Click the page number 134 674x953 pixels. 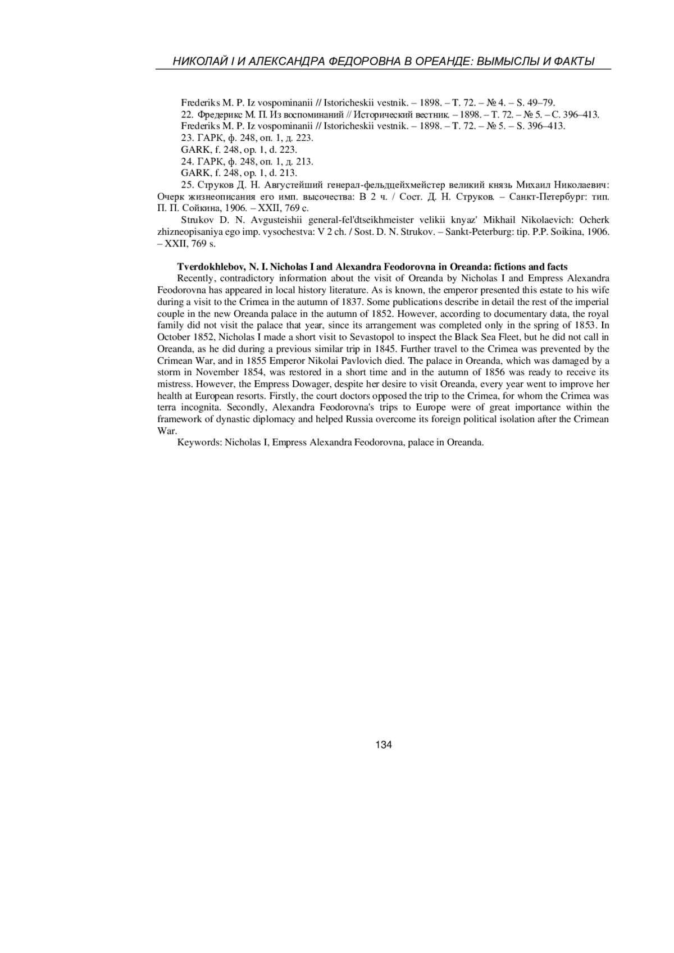[x=384, y=745]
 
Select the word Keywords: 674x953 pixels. [x=200, y=443]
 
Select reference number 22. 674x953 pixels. [x=187, y=115]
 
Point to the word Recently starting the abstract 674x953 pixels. [x=196, y=279]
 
